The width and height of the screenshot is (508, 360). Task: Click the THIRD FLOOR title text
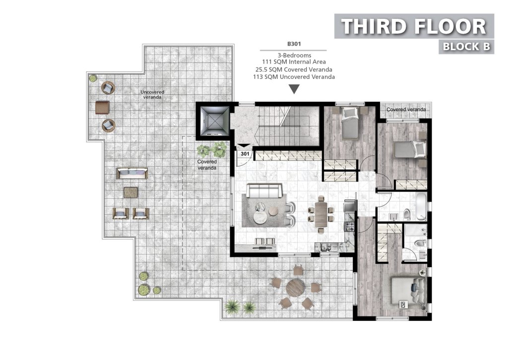[414, 26]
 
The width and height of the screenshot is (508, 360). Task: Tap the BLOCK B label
[466, 47]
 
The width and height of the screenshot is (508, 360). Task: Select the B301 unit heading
[294, 44]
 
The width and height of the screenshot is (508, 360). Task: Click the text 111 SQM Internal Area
[294, 62]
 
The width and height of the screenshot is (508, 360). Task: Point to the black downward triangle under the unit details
[294, 89]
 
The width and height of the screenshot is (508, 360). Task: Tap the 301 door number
[245, 154]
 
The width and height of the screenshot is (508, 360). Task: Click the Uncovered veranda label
[152, 94]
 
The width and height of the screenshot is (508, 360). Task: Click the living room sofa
[264, 191]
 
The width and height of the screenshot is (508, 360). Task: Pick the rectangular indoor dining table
[321, 214]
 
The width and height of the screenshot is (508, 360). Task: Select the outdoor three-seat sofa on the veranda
[132, 173]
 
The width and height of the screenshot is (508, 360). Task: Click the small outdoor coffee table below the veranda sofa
[130, 192]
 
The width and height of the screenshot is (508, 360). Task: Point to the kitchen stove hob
[350, 226]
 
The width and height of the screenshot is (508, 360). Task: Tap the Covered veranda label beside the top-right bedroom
[406, 110]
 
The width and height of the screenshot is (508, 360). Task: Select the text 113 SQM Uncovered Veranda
[294, 77]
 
